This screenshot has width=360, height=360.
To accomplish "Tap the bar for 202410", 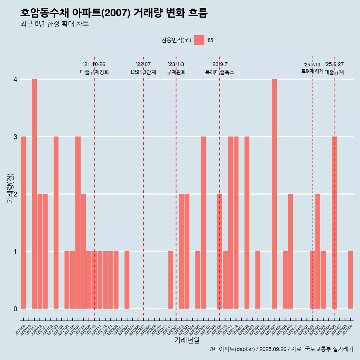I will point(290,251).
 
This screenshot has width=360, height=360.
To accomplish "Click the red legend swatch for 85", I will point(199,40).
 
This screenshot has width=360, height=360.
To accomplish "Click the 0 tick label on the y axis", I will point(15,309).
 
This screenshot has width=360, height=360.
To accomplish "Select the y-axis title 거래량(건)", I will point(10,188).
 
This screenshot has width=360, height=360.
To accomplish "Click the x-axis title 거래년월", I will point(187,340).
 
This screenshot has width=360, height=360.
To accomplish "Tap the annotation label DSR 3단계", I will point(143,72).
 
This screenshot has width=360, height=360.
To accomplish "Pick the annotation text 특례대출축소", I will point(220,72).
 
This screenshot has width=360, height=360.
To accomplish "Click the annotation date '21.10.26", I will point(94,64).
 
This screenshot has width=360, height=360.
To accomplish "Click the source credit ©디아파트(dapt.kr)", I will point(232,349).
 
